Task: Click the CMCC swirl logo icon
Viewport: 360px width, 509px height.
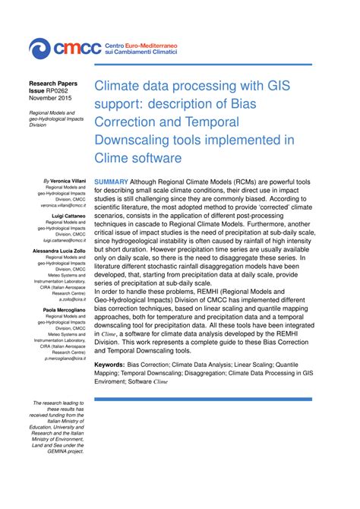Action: click(x=39, y=49)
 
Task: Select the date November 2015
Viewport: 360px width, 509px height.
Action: click(x=51, y=97)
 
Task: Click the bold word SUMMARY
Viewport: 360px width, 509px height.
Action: click(x=112, y=182)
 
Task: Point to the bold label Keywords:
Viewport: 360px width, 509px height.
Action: click(x=114, y=365)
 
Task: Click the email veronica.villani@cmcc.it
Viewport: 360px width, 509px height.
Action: click(x=63, y=205)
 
